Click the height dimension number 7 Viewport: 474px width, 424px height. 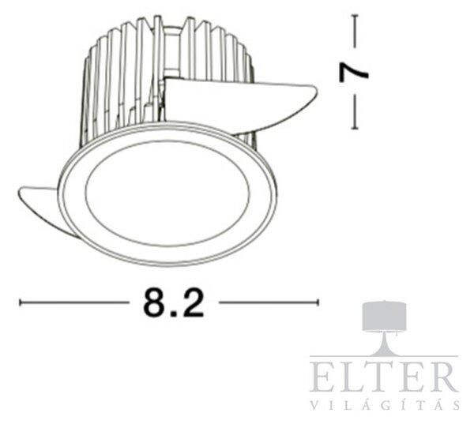[x=354, y=73]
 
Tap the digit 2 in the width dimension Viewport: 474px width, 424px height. [x=192, y=302]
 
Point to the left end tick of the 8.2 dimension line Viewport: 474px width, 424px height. [x=21, y=302]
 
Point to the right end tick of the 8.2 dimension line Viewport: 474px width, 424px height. [x=318, y=302]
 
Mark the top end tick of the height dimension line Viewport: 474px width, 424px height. [x=355, y=16]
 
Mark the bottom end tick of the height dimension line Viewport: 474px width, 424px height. [x=355, y=128]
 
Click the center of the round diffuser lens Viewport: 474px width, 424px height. [x=167, y=193]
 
